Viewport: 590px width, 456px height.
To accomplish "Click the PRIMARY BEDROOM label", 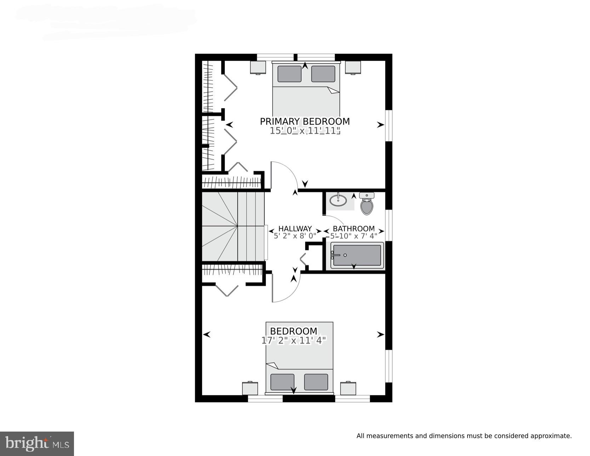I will click(x=305, y=121).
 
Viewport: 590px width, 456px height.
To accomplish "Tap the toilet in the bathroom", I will click(x=367, y=205).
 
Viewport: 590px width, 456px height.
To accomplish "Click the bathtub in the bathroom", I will click(x=357, y=255).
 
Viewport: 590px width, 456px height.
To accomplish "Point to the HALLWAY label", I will click(x=295, y=229).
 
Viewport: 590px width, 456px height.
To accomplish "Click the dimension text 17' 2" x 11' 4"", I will click(x=293, y=341).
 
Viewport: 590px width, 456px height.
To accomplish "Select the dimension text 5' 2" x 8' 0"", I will click(x=295, y=236).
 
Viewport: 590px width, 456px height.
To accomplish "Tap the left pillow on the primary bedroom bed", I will click(x=289, y=74).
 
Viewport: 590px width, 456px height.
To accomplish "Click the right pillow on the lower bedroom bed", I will click(x=316, y=382).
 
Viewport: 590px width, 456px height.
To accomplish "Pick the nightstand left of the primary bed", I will click(x=258, y=67).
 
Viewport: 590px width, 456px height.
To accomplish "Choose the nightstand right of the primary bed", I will click(x=353, y=67).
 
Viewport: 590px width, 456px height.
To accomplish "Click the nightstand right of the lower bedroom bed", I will click(x=348, y=388).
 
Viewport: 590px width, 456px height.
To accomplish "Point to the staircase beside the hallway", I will click(x=233, y=227).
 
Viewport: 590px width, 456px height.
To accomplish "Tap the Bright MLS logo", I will click(x=37, y=444).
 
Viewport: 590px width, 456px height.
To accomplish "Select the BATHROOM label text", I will click(x=354, y=229).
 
